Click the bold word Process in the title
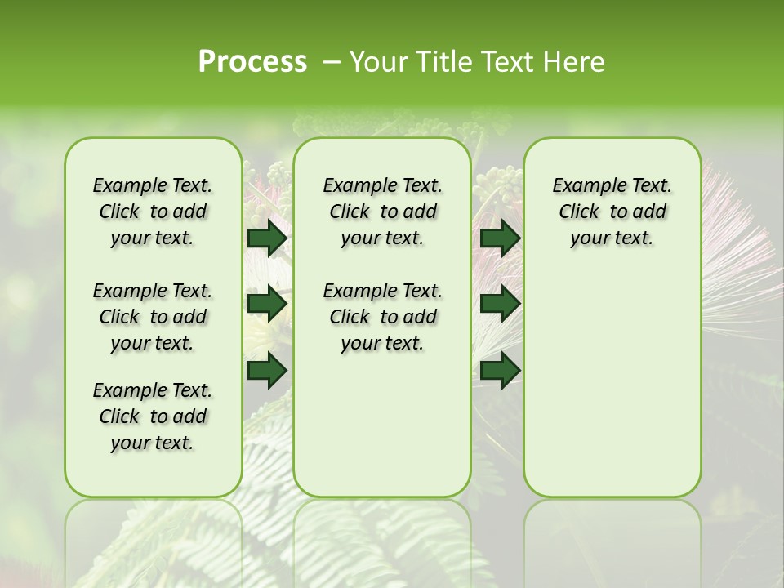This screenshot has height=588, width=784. (x=252, y=61)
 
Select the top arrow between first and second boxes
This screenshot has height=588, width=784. (x=267, y=238)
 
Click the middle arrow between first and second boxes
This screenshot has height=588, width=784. (x=267, y=304)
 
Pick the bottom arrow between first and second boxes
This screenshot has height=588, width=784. (x=267, y=370)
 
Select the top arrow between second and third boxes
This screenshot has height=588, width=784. (x=500, y=238)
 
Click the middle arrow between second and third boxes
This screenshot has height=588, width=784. (x=500, y=304)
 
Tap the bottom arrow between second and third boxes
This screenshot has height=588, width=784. (x=500, y=370)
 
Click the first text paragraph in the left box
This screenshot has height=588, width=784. (x=153, y=212)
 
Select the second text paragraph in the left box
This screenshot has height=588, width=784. (x=153, y=317)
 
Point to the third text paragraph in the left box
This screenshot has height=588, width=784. (x=153, y=416)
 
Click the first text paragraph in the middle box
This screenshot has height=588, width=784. (x=382, y=212)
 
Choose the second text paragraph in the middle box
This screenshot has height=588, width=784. (x=382, y=317)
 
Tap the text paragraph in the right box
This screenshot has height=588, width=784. (x=612, y=212)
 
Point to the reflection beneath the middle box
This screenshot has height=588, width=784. (x=382, y=539)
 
